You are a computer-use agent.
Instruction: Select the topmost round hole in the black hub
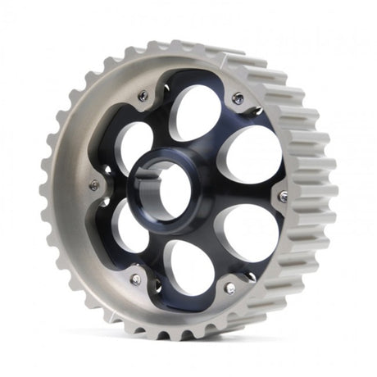click(x=196, y=113)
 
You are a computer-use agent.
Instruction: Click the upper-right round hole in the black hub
click(x=252, y=152)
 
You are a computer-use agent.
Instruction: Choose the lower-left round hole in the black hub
click(x=129, y=225)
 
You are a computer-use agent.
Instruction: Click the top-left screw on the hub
click(x=143, y=96)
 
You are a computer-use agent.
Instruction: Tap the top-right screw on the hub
click(x=238, y=98)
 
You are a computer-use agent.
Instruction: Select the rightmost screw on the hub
click(x=283, y=197)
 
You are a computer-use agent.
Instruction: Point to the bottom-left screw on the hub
click(x=135, y=279)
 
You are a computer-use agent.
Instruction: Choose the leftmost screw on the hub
click(x=94, y=186)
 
